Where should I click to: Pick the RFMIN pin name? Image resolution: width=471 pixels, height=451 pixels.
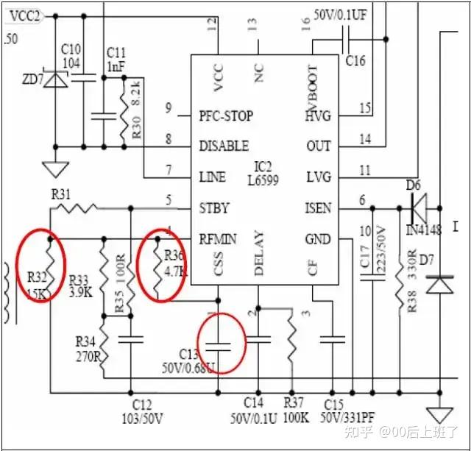tap(217, 238)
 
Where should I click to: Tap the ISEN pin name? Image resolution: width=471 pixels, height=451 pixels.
tap(318, 208)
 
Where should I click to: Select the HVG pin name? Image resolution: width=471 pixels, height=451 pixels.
tap(318, 116)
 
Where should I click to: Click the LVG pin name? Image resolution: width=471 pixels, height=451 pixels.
tap(318, 177)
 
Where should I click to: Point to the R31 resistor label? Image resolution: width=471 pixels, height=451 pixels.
tap(61, 194)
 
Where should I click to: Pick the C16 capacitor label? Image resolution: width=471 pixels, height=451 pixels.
tap(355, 60)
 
